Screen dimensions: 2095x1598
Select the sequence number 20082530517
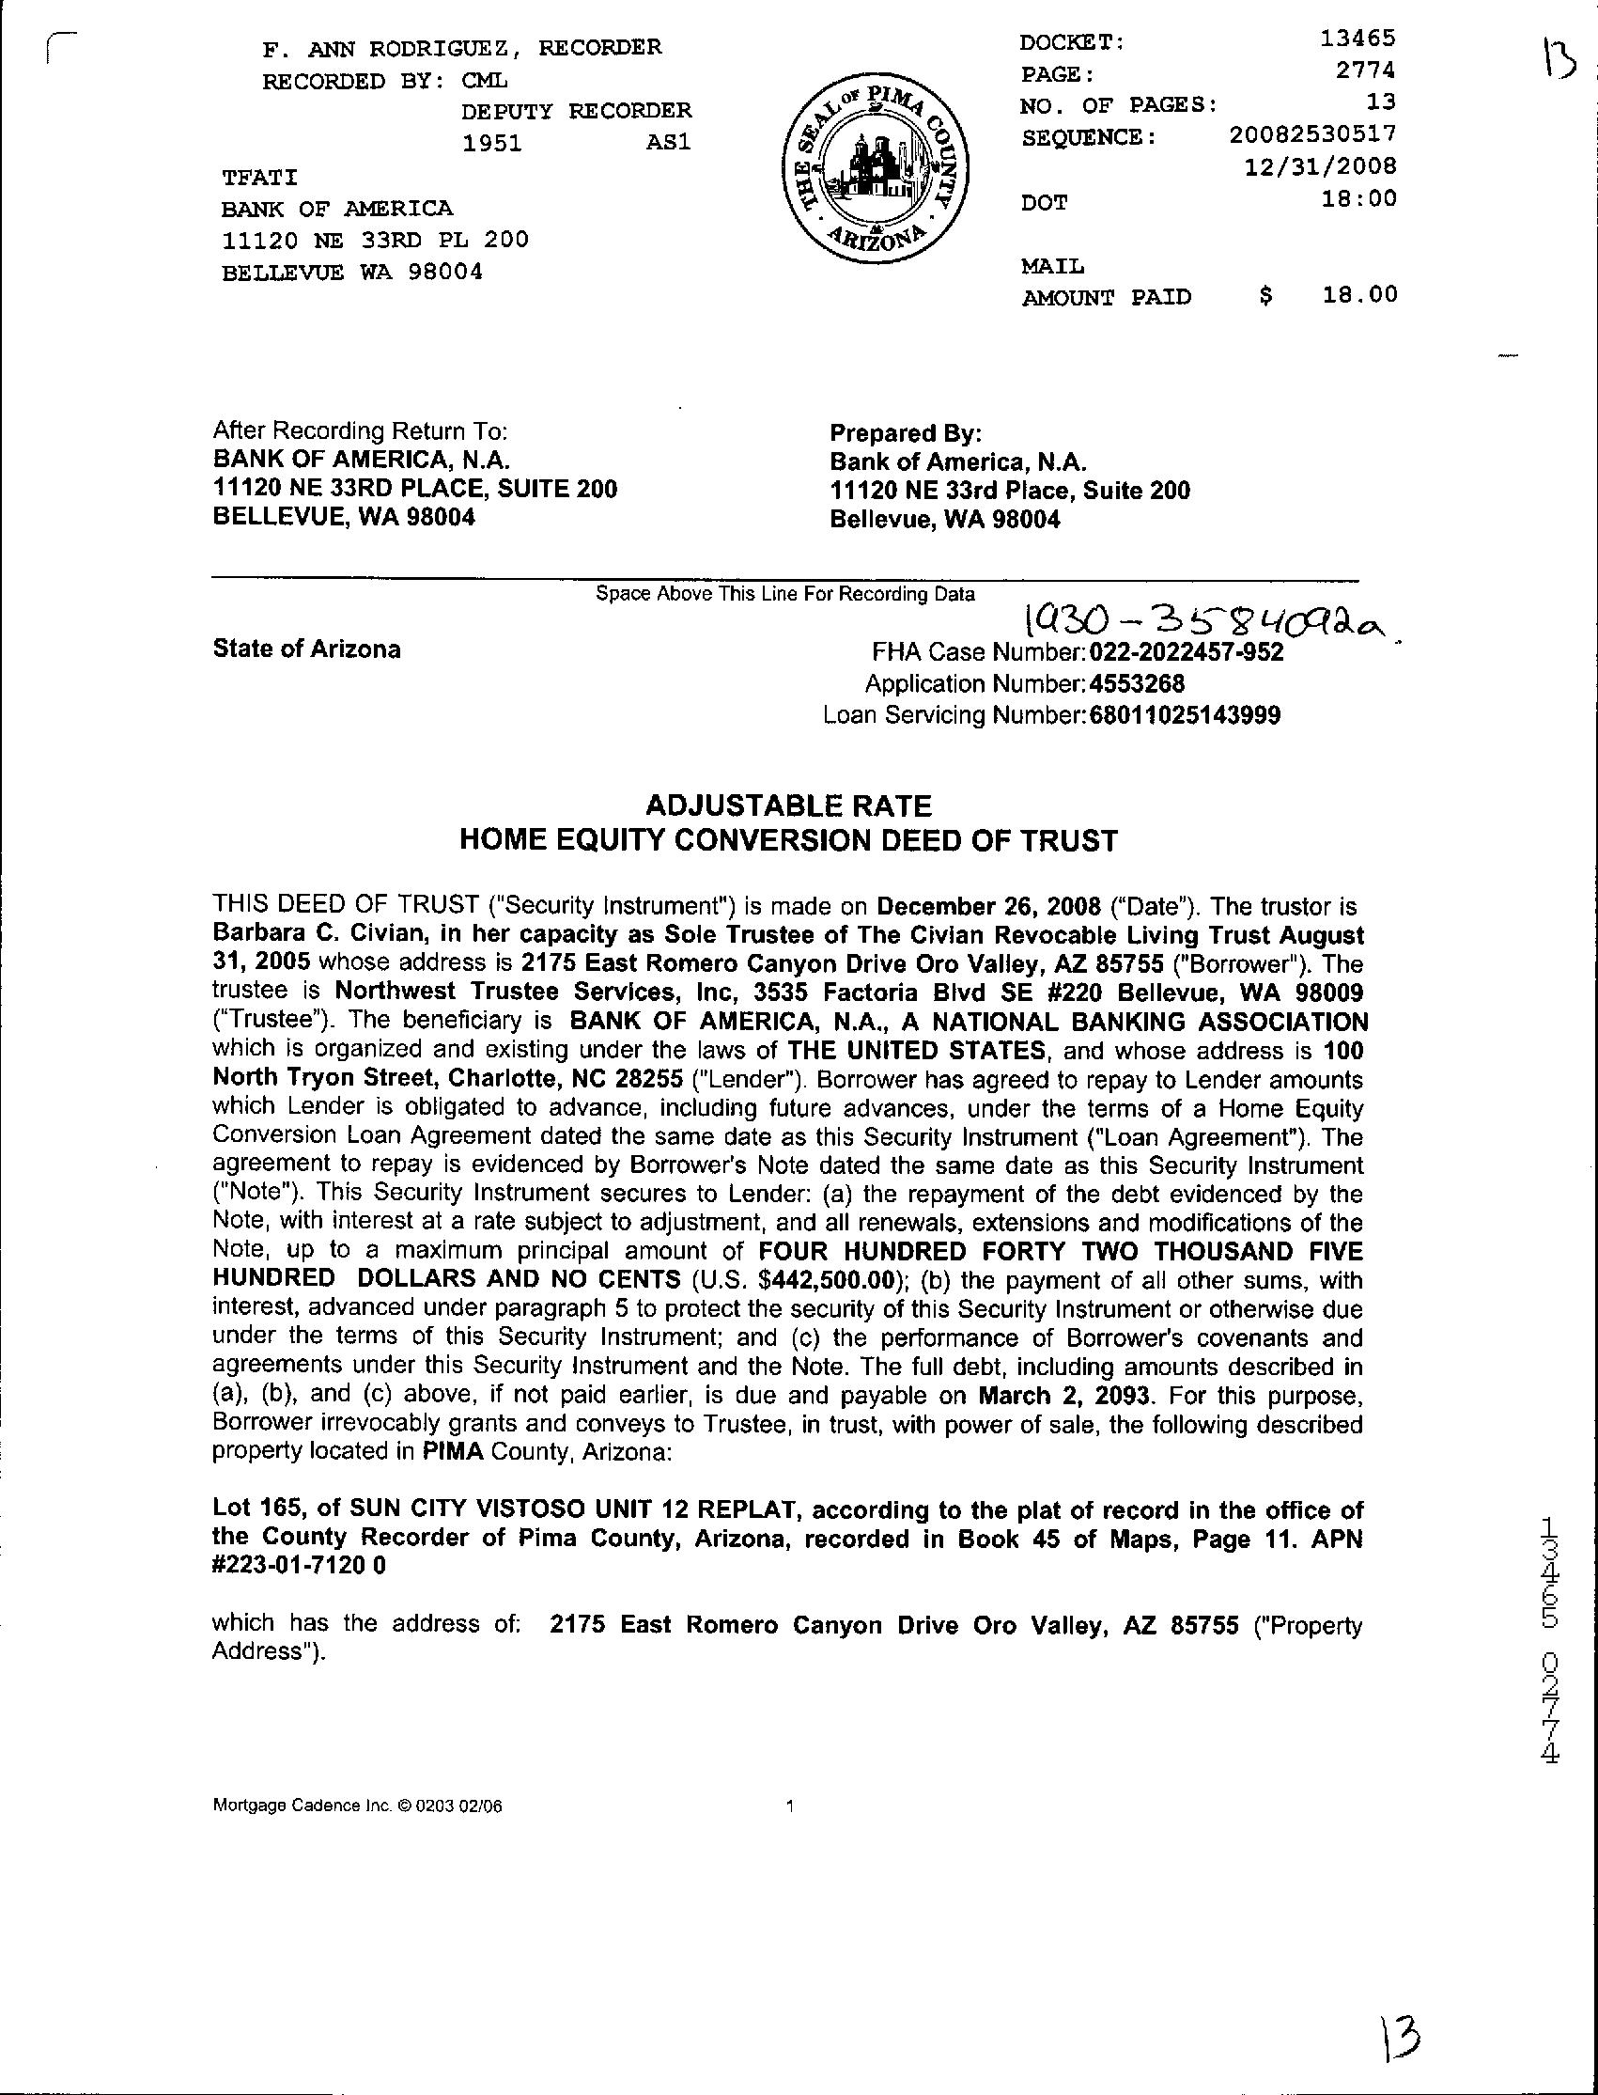click(x=1312, y=135)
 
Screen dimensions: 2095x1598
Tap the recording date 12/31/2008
click(x=1320, y=166)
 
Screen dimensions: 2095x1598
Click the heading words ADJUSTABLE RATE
click(x=788, y=806)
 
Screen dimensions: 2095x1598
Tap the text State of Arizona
click(x=306, y=649)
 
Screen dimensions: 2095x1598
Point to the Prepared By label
click(x=905, y=434)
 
